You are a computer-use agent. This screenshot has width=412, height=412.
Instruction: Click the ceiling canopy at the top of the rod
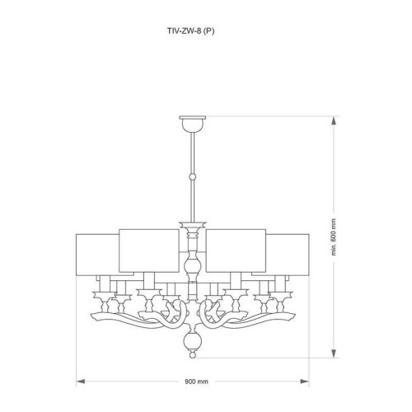click(x=191, y=124)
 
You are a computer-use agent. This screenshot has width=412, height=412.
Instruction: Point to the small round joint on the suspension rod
click(x=191, y=176)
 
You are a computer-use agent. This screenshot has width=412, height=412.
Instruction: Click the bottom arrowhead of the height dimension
click(x=335, y=356)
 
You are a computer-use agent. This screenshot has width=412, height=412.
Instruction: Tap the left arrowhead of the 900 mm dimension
click(x=80, y=382)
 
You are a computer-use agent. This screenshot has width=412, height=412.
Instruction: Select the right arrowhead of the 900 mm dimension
click(x=303, y=382)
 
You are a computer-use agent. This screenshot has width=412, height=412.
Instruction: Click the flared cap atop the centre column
click(x=191, y=224)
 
